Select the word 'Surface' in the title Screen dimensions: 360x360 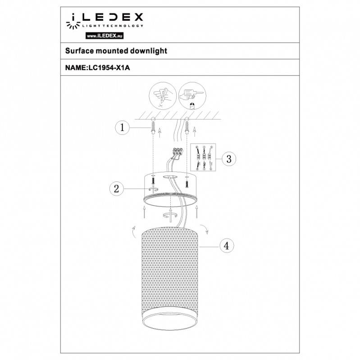(80, 51)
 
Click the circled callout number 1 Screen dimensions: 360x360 (121, 128)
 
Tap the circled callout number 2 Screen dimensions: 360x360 (117, 189)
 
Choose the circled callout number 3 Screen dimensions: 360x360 (229, 158)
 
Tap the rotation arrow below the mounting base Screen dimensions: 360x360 (170, 216)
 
